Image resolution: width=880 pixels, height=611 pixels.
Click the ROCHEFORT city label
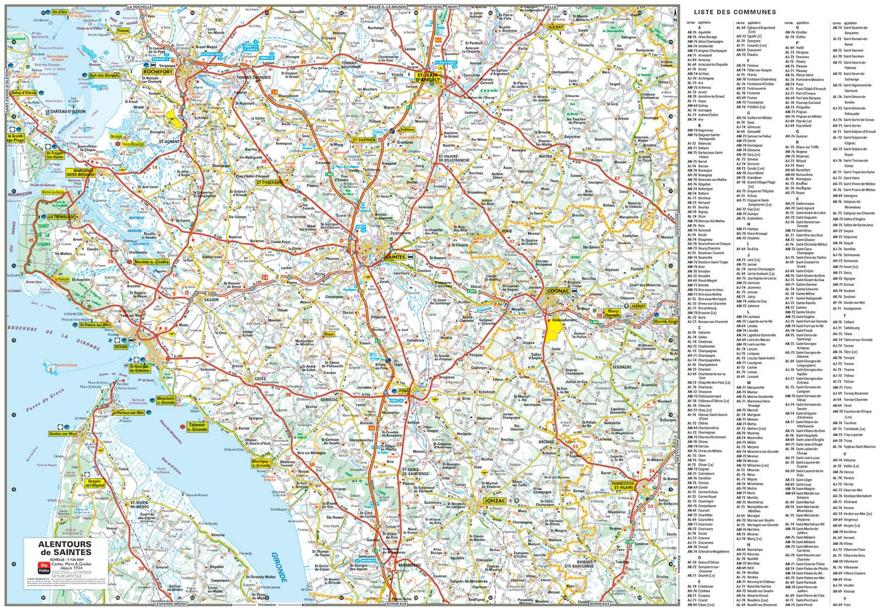point(157,72)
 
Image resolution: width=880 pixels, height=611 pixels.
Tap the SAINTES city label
point(395,257)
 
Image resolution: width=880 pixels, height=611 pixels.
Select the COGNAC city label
point(557,291)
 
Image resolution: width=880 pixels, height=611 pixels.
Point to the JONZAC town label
point(495,501)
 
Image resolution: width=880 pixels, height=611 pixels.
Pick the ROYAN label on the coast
point(120,347)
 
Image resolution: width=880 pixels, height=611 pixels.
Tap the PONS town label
point(404,391)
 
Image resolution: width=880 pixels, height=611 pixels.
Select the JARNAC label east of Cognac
point(638,306)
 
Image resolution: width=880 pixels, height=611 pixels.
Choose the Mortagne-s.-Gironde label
point(260,464)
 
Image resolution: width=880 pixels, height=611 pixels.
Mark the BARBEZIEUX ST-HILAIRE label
point(623,485)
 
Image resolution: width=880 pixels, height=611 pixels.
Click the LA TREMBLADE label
point(61,217)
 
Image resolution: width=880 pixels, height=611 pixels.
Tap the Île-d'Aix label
point(59,12)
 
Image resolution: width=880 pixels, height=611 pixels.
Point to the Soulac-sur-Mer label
point(63,434)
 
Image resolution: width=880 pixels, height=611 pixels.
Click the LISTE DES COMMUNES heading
point(735,12)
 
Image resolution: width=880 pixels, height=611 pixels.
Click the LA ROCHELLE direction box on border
point(140,7)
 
